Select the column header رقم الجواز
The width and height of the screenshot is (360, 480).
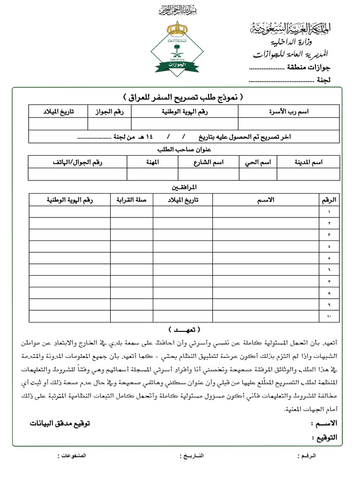click(109, 112)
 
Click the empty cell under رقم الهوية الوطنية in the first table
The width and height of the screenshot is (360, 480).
click(185, 124)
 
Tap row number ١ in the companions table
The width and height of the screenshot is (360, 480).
click(329, 212)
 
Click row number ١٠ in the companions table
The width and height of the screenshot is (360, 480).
click(329, 317)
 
